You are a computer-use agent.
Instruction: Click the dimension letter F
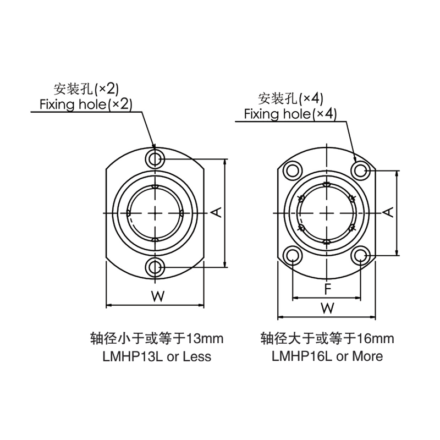[x=327, y=289]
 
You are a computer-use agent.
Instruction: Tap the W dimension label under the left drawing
[x=158, y=296]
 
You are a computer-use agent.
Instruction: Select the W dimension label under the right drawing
[x=327, y=308]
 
